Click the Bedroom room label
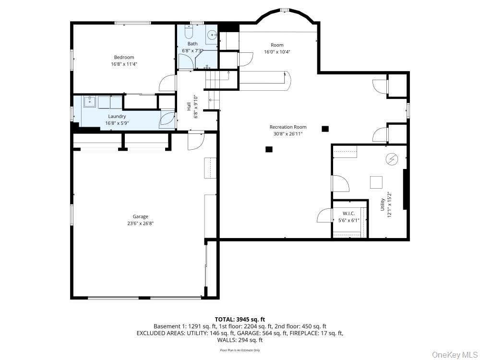[x=124, y=57]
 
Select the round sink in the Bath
[x=212, y=35]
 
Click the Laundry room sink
[x=90, y=101]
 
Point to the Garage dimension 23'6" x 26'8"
[x=141, y=224]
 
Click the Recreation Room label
[x=288, y=127]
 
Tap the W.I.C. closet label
[x=348, y=214]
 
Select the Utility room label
[x=383, y=204]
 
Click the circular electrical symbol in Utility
[x=392, y=159]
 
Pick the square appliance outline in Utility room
[x=376, y=182]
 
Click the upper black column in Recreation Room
[x=325, y=129]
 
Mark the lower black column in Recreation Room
[x=269, y=149]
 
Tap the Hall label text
[x=189, y=106]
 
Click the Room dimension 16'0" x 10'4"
[x=277, y=52]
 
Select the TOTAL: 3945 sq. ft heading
[x=240, y=320]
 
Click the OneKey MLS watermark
[x=454, y=355]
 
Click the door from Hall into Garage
[x=196, y=142]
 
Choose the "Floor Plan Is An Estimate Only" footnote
[x=240, y=350]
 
